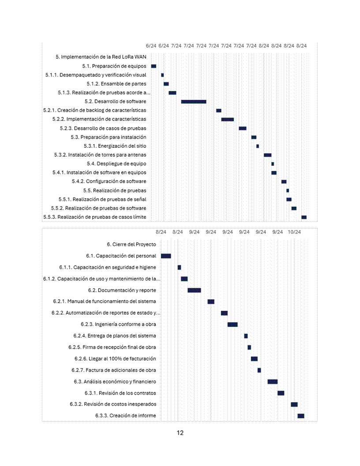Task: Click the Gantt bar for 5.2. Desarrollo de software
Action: [194, 101]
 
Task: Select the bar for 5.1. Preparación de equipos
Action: [154, 66]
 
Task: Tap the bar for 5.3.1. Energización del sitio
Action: [258, 146]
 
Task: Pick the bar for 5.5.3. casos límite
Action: [304, 217]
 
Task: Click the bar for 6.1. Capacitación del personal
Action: [166, 256]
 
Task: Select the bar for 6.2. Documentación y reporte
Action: [194, 290]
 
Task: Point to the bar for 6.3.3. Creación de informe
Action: [301, 416]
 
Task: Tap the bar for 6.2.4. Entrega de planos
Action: [246, 336]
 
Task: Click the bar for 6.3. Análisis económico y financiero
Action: [273, 381]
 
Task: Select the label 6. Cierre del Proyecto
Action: [131, 244]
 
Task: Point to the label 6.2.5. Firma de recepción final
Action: [112, 347]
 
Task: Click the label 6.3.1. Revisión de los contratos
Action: [120, 393]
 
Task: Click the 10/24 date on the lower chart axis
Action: [294, 231]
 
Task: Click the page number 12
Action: [180, 433]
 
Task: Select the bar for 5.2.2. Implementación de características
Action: [228, 119]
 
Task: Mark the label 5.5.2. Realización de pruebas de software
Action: [98, 208]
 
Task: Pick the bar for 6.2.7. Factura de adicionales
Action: [259, 370]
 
